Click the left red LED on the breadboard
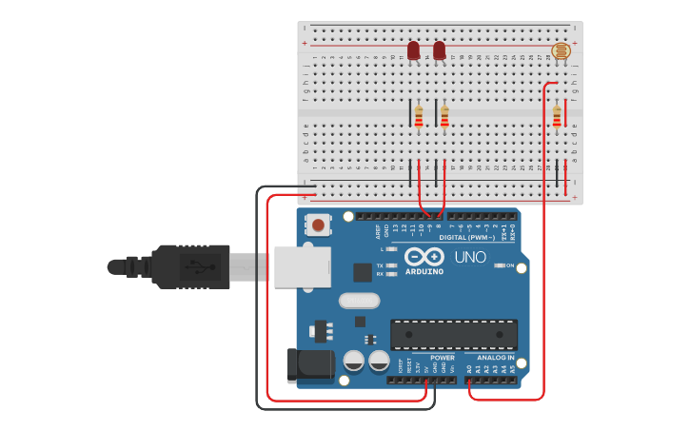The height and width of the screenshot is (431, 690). tap(413, 49)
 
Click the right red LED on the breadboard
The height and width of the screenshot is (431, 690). tap(439, 49)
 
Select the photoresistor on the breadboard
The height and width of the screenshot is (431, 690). tap(562, 51)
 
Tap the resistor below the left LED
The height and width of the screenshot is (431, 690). tap(419, 117)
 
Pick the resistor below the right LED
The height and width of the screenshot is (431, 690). tap(444, 117)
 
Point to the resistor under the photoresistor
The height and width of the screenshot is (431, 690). tap(557, 116)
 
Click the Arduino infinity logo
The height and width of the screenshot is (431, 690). tap(424, 257)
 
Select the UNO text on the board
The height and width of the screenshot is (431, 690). tap(469, 257)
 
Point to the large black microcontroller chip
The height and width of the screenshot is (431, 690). tap(454, 335)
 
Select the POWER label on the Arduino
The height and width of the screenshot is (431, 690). tap(443, 358)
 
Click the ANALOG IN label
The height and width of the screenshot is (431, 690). tap(495, 358)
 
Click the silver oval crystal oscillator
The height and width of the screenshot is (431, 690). tap(359, 301)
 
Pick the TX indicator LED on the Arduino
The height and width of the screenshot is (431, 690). tap(390, 265)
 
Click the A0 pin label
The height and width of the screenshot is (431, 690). tap(469, 368)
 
